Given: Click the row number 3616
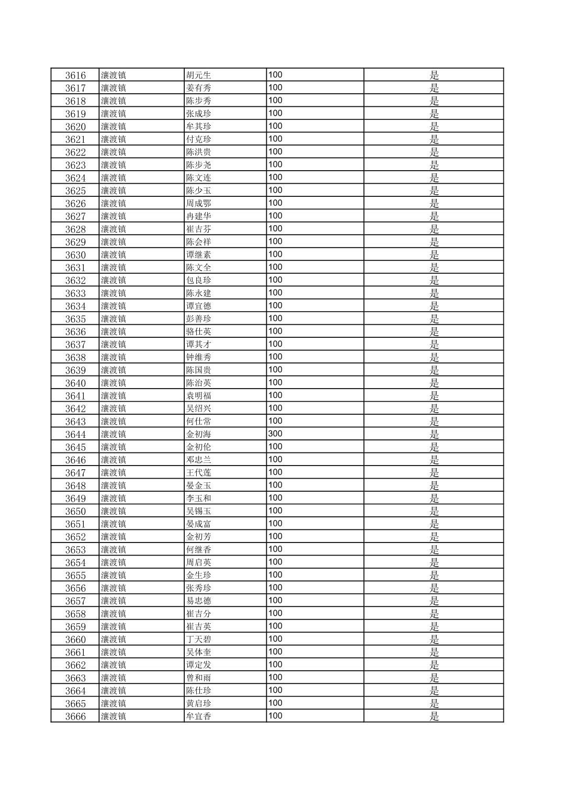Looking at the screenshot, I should [x=75, y=75].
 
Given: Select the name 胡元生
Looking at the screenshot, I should [x=198, y=75].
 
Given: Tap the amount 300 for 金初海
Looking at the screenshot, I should [x=275, y=434].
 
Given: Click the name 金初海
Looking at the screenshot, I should [x=198, y=434].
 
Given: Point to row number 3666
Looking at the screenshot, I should [x=75, y=716].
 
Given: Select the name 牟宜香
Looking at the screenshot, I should [x=198, y=716].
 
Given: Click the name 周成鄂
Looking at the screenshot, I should [x=198, y=203].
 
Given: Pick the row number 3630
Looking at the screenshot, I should [x=75, y=255].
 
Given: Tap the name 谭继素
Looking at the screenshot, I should [x=198, y=255].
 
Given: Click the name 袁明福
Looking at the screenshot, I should [x=198, y=396].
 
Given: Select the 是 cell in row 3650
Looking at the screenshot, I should [x=434, y=511].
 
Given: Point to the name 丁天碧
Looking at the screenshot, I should [x=198, y=639].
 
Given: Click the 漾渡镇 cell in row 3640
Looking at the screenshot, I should [x=114, y=383].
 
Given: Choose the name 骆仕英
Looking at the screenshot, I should [x=198, y=331].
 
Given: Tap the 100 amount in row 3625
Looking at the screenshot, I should [x=275, y=190].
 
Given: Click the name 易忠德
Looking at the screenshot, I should [x=198, y=601].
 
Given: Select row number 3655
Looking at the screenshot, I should [x=75, y=575].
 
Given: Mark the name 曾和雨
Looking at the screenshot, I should [x=198, y=678].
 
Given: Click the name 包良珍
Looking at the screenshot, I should [x=198, y=280].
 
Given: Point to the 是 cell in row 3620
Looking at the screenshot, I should [x=434, y=126].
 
